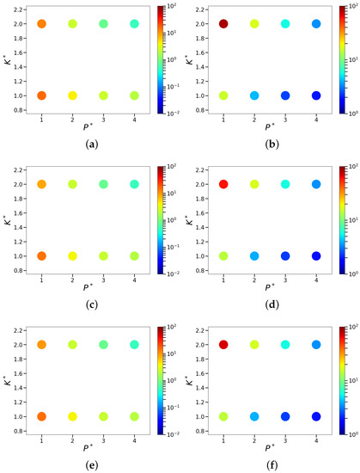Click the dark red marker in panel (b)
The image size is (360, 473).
coord(224,24)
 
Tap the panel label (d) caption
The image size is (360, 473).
coord(270,304)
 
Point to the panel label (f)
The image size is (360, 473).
coord(270,464)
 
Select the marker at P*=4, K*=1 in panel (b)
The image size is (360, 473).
coord(316,95)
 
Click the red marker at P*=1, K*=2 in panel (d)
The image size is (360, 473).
coord(224,184)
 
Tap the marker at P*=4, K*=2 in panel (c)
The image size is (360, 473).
coord(134,184)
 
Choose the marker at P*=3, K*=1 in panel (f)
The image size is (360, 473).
coord(285,416)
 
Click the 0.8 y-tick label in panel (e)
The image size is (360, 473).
coord(18,431)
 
